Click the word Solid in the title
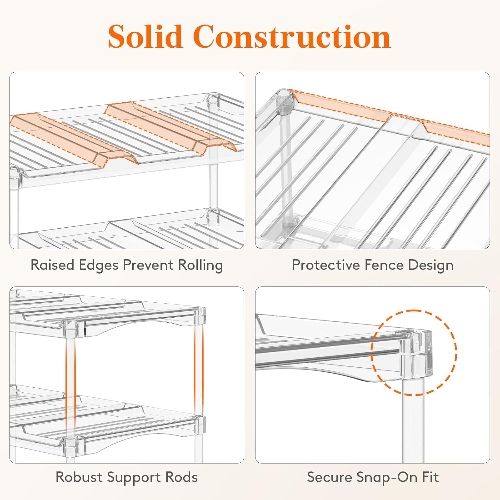[x=145, y=36]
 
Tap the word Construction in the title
[x=292, y=36]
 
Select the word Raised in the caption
[x=52, y=265]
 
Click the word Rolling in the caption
[x=200, y=266]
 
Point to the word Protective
[x=326, y=265]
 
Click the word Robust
[x=79, y=477]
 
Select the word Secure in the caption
[x=329, y=477]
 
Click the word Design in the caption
[x=431, y=266]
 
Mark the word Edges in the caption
[x=99, y=266]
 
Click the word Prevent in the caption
[x=148, y=265]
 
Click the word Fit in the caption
[x=430, y=477]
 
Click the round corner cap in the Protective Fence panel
[x=284, y=97]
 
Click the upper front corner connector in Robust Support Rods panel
[x=70, y=328]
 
